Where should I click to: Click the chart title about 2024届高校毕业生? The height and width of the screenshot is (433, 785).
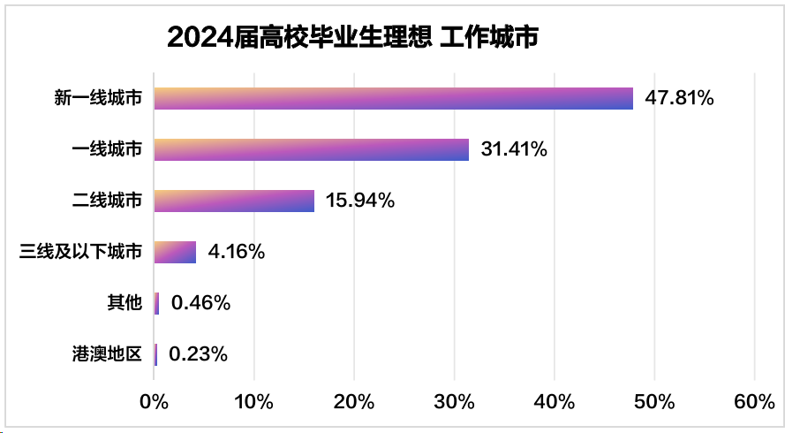352,37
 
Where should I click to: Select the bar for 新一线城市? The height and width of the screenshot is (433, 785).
394,98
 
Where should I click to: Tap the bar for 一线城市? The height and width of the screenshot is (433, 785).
312,149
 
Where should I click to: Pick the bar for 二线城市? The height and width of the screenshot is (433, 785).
234,201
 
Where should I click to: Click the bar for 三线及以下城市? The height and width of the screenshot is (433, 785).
175,252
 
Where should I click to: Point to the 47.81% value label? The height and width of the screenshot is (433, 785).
679,98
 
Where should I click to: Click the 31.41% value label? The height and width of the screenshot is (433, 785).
514,149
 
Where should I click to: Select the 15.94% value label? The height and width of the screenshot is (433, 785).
359,201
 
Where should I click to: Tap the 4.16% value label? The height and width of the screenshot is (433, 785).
237,252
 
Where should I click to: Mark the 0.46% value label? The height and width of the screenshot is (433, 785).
201,303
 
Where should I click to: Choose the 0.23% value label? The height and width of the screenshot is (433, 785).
199,354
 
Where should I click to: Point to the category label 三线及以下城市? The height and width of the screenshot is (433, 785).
80,252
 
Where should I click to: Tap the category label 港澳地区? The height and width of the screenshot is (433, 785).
107,354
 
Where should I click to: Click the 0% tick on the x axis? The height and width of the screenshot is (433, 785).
155,402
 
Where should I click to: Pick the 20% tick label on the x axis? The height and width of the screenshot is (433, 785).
354,402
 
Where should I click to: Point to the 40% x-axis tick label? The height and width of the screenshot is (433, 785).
555,402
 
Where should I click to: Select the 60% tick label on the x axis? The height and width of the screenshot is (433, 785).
754,402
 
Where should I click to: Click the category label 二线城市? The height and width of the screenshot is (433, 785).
107,201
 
